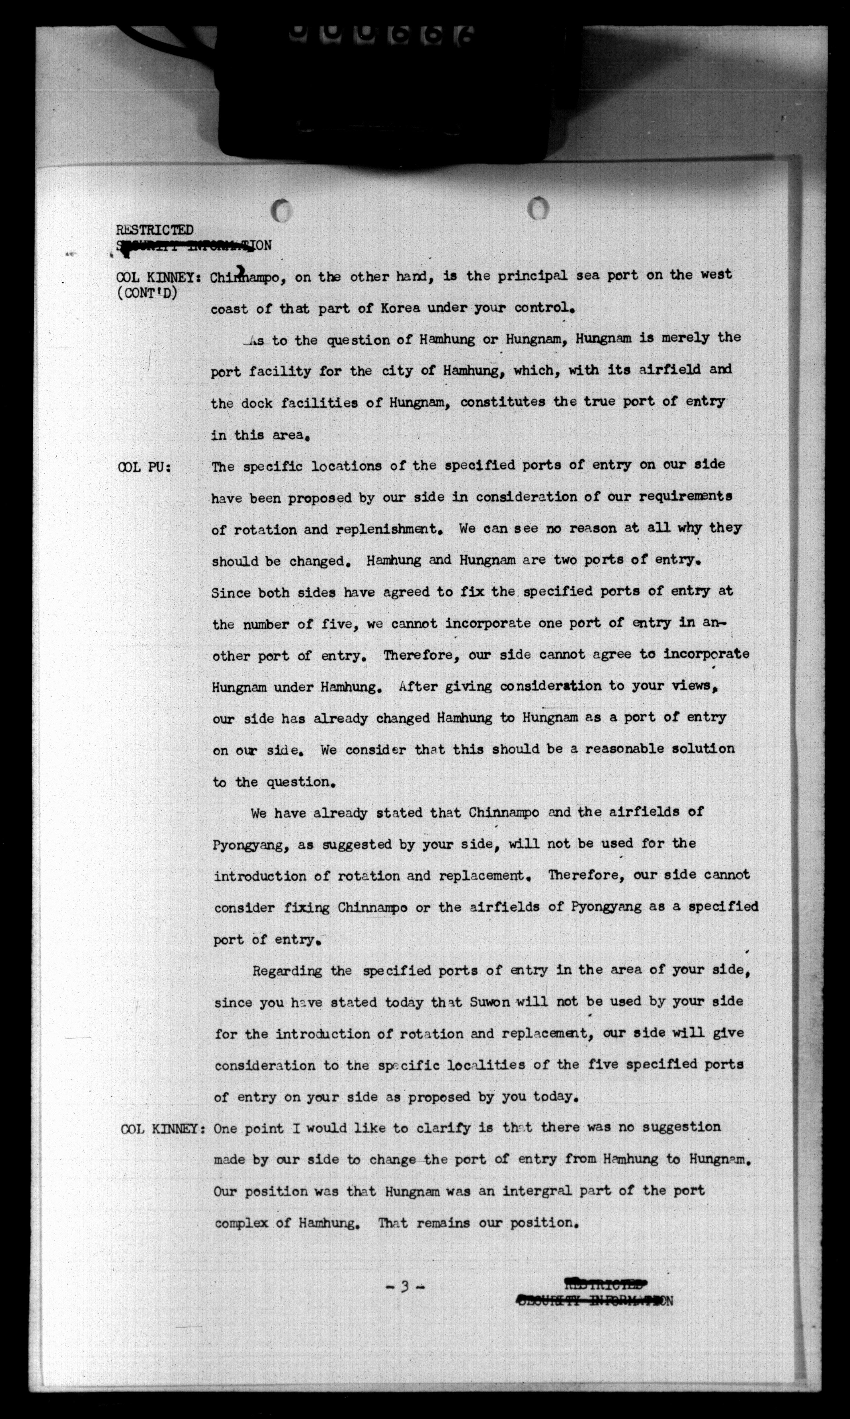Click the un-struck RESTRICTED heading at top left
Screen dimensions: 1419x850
(x=155, y=230)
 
